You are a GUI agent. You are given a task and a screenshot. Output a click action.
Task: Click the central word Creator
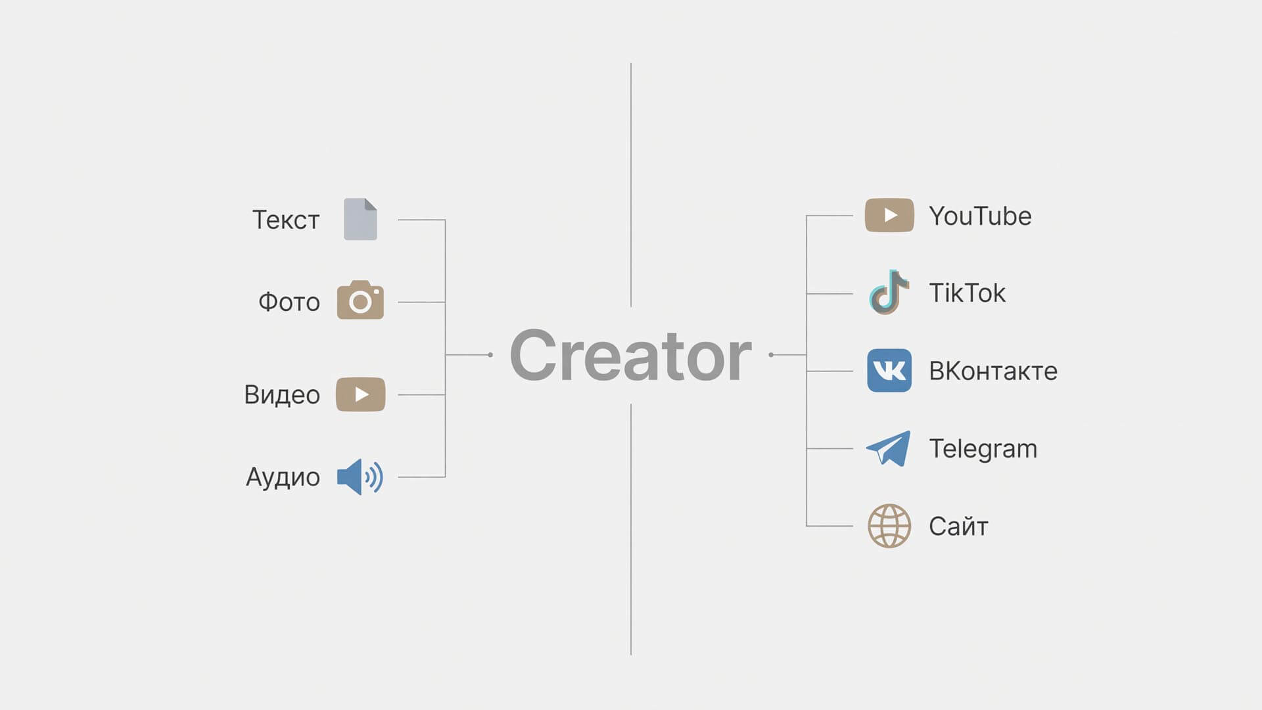click(x=630, y=355)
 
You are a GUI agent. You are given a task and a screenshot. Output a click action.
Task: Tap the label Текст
click(x=286, y=220)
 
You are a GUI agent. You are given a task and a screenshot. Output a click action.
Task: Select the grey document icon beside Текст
click(x=360, y=219)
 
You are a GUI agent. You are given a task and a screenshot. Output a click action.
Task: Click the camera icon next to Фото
click(x=360, y=300)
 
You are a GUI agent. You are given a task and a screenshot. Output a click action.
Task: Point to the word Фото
click(x=289, y=302)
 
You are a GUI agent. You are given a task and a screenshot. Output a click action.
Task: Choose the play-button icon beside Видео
click(x=360, y=394)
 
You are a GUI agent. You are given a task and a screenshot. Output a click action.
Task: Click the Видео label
click(x=282, y=394)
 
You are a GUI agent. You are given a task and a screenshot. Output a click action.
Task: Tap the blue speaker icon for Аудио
click(x=360, y=477)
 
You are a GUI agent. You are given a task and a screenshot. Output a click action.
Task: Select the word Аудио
click(x=283, y=477)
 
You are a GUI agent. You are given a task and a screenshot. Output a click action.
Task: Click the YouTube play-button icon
click(x=889, y=215)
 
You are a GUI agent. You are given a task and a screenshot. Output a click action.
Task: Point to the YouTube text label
click(x=980, y=216)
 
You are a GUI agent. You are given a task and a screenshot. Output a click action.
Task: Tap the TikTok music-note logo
click(x=889, y=292)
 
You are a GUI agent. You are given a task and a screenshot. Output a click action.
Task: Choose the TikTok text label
click(x=967, y=293)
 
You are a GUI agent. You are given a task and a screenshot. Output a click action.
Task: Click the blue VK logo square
click(x=889, y=370)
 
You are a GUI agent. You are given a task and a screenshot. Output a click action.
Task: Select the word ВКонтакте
click(x=993, y=371)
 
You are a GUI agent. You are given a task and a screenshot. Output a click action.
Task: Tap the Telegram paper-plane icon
click(x=889, y=448)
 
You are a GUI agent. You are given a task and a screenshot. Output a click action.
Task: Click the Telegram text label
click(x=983, y=449)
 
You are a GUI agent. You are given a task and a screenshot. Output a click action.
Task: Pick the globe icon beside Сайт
click(x=889, y=526)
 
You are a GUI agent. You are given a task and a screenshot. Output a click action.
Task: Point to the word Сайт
click(x=958, y=526)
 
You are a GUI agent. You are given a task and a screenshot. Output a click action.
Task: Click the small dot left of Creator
click(x=490, y=355)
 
